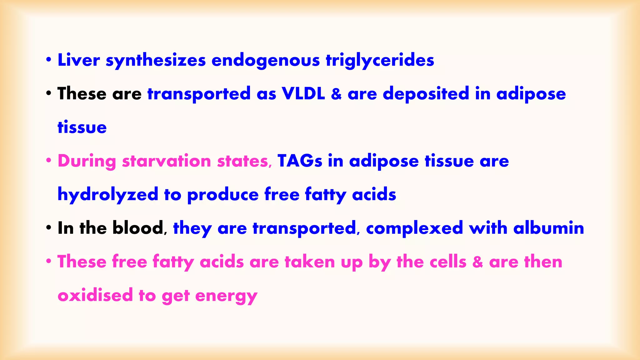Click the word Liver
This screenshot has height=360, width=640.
[79, 60]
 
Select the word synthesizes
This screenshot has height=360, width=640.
[156, 61]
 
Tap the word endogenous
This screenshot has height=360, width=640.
[266, 61]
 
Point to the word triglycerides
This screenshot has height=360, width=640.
[380, 61]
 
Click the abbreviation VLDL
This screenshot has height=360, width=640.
[303, 93]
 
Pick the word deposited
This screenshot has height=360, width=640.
[426, 94]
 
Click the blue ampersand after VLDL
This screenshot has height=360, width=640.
[336, 94]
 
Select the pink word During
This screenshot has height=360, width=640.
[87, 161]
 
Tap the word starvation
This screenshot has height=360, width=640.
[167, 161]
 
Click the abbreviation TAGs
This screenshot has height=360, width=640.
[300, 161]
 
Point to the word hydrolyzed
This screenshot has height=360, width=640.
[108, 195]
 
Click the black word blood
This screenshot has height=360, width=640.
[138, 228]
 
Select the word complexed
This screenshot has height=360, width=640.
[414, 228]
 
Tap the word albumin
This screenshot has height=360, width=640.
[549, 228]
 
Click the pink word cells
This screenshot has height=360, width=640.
[448, 262]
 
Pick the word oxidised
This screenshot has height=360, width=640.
[95, 295]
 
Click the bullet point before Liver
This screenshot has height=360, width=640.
[48, 59]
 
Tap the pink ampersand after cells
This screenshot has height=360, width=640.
[477, 262]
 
